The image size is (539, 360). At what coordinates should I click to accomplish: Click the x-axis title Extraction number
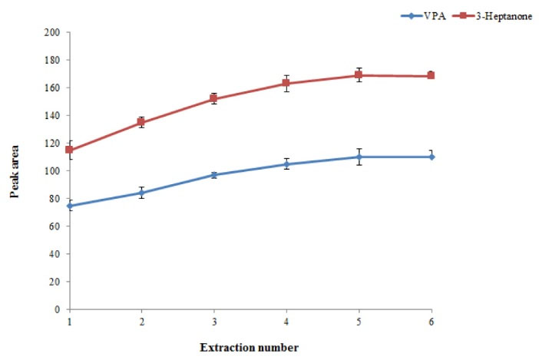click(250, 348)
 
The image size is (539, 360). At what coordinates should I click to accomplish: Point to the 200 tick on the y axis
click(52, 32)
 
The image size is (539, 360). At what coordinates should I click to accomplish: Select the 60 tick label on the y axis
click(55, 226)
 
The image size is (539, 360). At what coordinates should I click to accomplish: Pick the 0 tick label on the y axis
click(58, 309)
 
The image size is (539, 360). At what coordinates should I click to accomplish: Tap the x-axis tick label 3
click(214, 321)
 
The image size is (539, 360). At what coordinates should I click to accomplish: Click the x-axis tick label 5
click(359, 321)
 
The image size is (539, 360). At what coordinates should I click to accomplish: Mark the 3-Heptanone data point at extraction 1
click(70, 150)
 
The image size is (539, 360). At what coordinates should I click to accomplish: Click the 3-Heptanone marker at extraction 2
click(142, 122)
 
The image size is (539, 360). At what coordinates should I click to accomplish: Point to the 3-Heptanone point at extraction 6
click(431, 75)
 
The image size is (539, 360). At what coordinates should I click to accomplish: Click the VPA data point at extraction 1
click(70, 206)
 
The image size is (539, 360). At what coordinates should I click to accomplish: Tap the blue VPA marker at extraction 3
click(214, 175)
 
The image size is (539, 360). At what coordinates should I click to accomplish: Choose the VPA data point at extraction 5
click(359, 157)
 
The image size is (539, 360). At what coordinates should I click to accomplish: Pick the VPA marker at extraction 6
click(431, 157)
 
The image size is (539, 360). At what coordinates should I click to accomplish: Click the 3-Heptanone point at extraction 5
click(359, 75)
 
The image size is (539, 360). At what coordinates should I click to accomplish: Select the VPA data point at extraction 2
click(142, 193)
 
